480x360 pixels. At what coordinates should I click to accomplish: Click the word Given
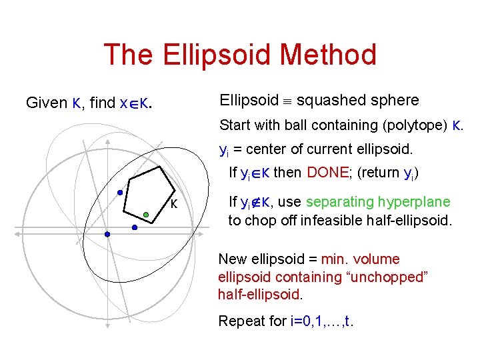46,103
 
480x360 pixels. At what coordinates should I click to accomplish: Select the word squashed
329,101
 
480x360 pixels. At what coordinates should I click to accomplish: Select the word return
381,173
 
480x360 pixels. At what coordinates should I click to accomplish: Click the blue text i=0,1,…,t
323,321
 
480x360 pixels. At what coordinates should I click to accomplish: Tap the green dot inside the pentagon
146,215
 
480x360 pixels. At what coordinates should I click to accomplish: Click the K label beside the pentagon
173,204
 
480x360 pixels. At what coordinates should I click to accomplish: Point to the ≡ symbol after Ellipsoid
287,101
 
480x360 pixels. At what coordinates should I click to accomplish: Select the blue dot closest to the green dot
134,227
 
